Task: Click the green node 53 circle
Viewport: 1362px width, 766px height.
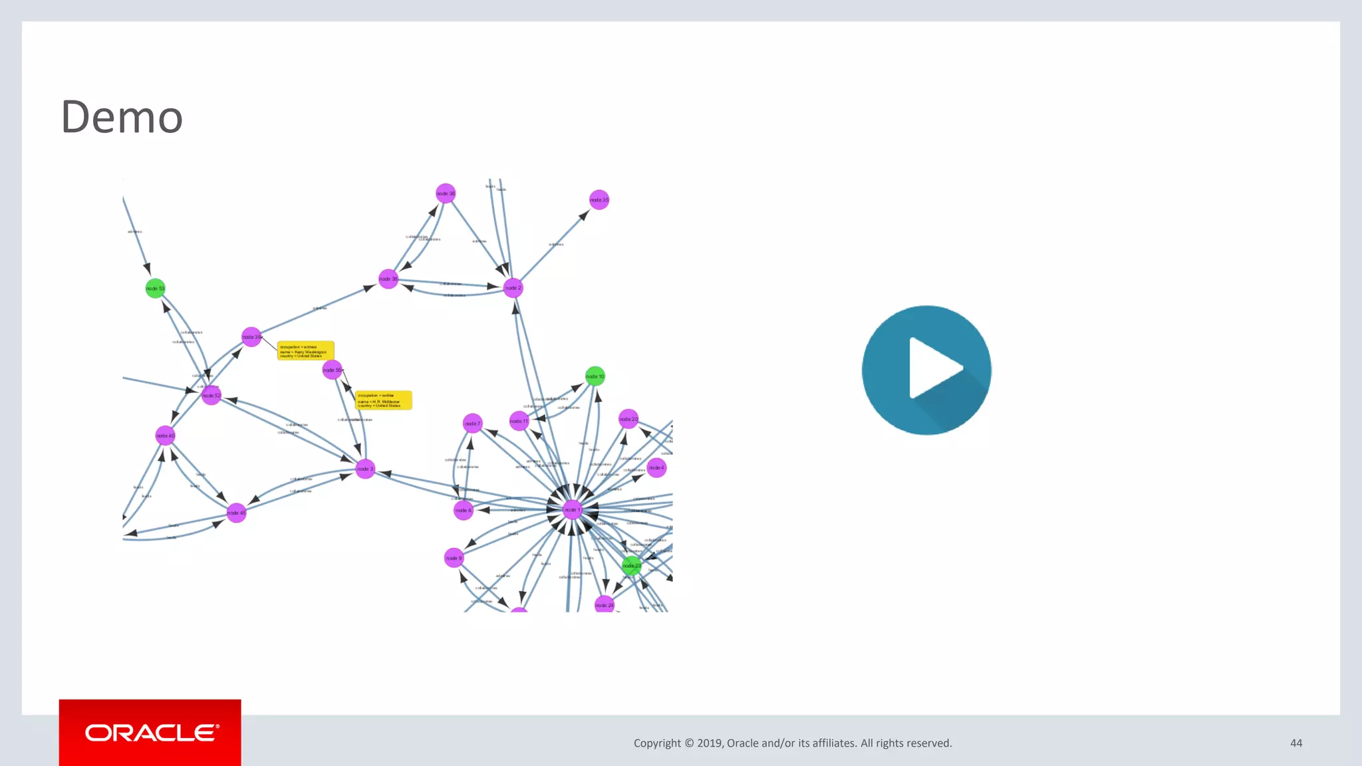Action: point(155,288)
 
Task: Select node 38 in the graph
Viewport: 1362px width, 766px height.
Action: point(446,193)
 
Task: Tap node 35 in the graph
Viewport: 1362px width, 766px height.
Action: point(599,199)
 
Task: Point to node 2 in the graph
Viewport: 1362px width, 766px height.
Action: point(513,288)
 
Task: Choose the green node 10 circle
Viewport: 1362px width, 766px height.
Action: point(595,376)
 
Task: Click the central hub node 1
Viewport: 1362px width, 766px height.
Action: point(572,510)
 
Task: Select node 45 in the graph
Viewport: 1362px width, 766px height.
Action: point(236,513)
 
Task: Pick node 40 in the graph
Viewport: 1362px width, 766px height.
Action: point(165,436)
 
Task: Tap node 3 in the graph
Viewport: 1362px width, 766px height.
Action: point(365,469)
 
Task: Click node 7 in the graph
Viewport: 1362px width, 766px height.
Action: point(472,424)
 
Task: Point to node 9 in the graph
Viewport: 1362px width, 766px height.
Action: point(454,558)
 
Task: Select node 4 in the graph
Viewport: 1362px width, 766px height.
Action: point(656,467)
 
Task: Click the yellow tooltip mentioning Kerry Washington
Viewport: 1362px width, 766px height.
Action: point(305,351)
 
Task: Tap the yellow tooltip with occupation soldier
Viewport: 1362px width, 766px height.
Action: point(384,400)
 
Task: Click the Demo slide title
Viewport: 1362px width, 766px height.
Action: point(122,117)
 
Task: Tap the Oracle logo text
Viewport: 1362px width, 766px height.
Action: point(151,733)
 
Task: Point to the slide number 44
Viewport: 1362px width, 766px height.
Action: point(1295,743)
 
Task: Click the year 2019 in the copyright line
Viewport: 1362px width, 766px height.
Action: point(710,743)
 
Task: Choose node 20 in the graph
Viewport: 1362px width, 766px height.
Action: point(628,419)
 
